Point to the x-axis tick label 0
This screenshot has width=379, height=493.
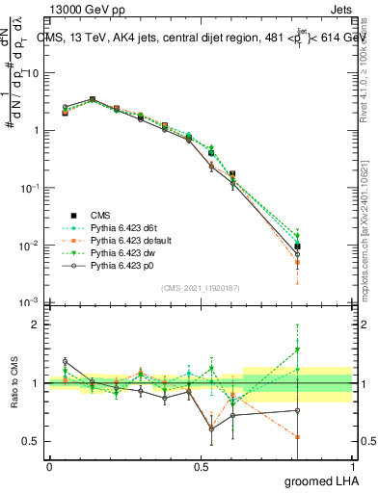pyautogui.click(x=49, y=467)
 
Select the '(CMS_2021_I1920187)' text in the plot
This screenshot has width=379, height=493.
pyautogui.click(x=201, y=288)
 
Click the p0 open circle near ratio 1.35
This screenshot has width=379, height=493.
pyautogui.click(x=65, y=362)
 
